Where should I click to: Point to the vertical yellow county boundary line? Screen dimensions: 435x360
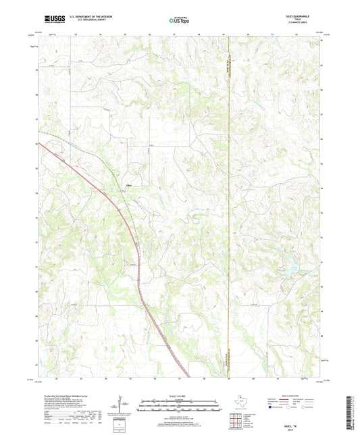pyautogui.click(x=230, y=203)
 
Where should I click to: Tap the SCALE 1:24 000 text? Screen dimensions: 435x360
pyautogui.click(x=179, y=395)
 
